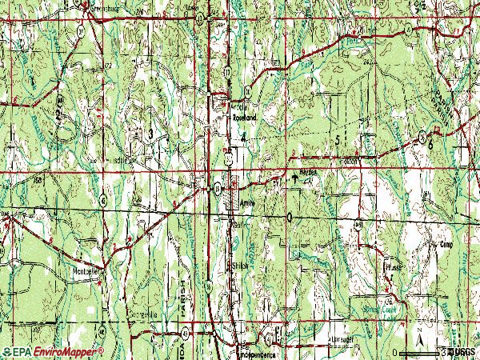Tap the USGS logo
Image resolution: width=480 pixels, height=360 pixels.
pyautogui.click(x=462, y=351)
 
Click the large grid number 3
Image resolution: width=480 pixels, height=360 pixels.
pyautogui.click(x=150, y=134)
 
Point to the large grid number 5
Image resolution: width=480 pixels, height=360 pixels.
pyautogui.click(x=338, y=140)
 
